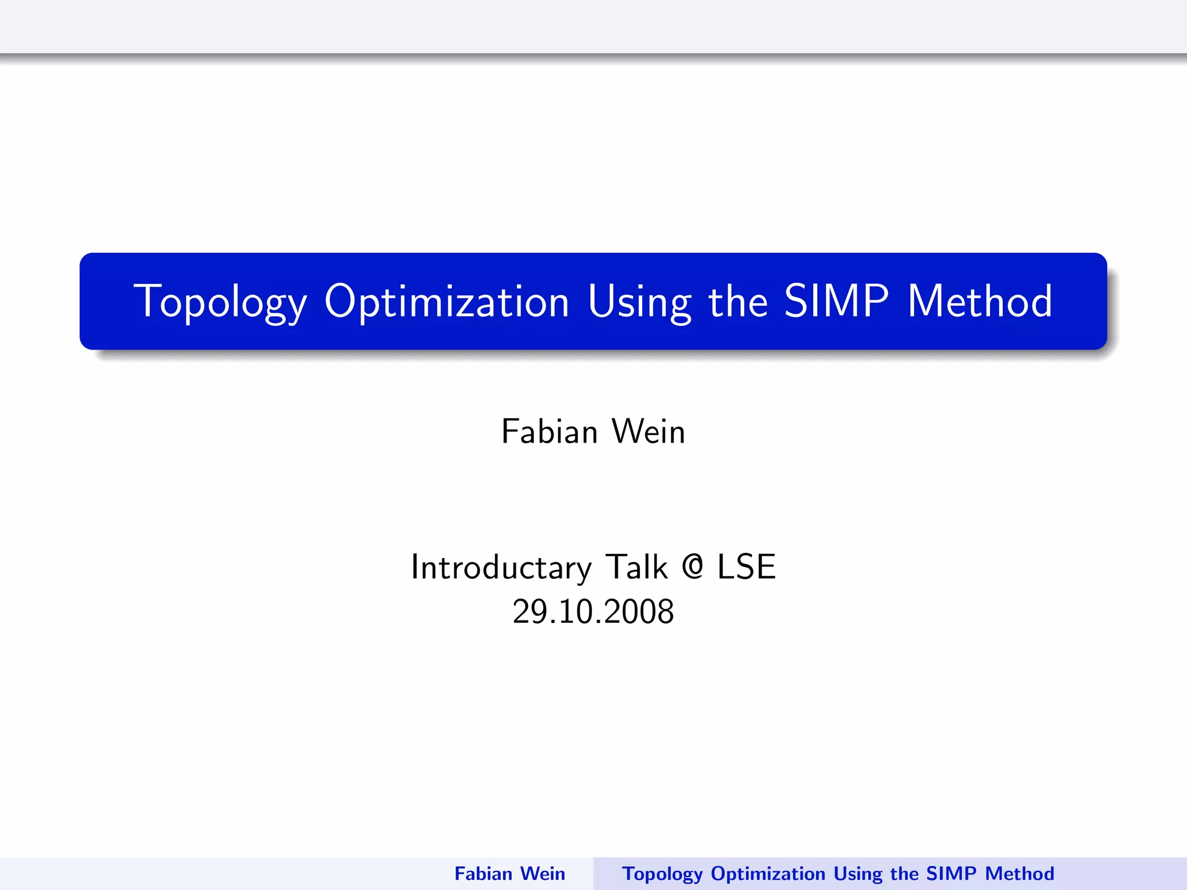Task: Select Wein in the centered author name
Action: point(649,432)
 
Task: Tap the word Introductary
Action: point(501,567)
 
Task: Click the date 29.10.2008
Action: point(593,612)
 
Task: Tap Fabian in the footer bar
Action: point(483,874)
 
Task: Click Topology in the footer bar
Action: point(662,874)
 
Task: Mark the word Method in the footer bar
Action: point(1019,874)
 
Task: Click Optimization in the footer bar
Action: point(768,874)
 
